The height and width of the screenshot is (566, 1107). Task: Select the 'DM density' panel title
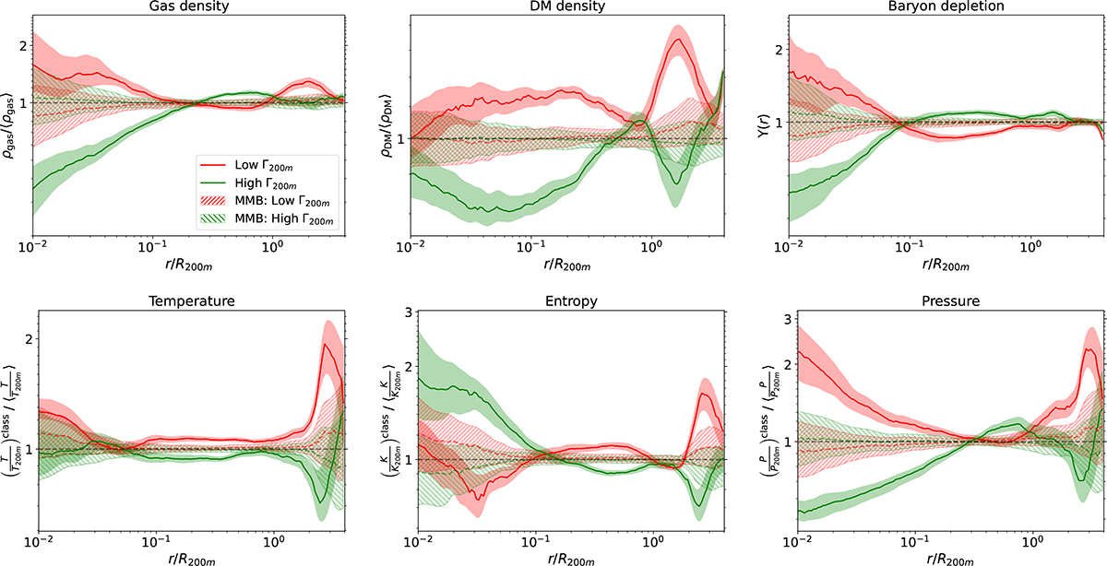(x=565, y=8)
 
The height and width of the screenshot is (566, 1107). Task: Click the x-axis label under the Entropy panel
(x=565, y=555)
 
